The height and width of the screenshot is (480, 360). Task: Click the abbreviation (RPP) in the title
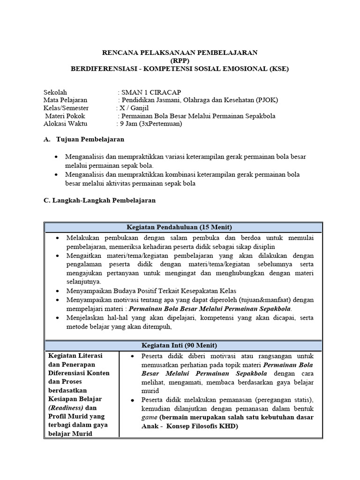click(180, 60)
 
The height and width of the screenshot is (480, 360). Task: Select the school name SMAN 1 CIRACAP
click(150, 92)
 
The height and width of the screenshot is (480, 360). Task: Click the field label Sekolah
click(55, 92)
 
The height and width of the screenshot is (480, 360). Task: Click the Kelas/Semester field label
click(66, 108)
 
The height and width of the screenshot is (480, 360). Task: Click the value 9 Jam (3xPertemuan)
click(150, 124)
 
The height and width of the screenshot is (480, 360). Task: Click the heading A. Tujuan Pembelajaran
click(84, 140)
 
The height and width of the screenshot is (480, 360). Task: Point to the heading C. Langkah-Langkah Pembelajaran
click(99, 200)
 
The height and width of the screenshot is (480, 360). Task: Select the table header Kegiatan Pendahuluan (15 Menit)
click(183, 227)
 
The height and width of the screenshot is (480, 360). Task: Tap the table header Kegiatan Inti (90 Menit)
click(183, 345)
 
